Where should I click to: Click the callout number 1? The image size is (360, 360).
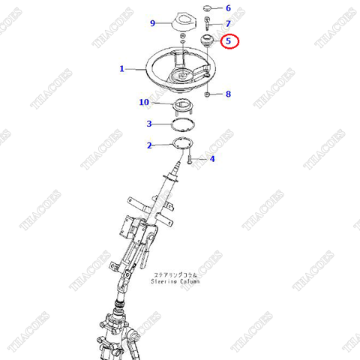(x=121, y=69)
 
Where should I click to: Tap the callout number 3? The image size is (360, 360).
(x=150, y=124)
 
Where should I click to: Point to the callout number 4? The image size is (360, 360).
(x=212, y=159)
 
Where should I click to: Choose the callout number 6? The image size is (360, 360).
(x=229, y=9)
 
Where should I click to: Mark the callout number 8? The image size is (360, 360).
(x=229, y=94)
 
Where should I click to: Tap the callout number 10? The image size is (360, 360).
(x=144, y=102)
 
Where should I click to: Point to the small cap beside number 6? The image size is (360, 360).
(x=208, y=10)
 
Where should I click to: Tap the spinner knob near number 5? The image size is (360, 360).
(x=208, y=43)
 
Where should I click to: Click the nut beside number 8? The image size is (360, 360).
(x=208, y=94)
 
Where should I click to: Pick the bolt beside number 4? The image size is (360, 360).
(x=192, y=158)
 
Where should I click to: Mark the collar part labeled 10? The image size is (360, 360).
(x=183, y=103)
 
